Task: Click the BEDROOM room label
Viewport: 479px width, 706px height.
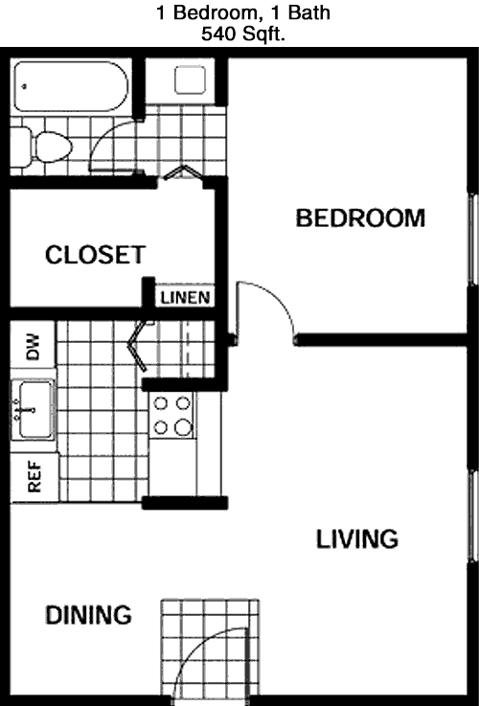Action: point(360,217)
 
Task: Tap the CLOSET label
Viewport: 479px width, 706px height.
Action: point(96,255)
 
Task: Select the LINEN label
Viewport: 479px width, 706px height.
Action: point(185,298)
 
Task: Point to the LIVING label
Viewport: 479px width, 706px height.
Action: point(357,539)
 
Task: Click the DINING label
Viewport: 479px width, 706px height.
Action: point(89,615)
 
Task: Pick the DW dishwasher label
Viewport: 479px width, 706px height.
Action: point(34,346)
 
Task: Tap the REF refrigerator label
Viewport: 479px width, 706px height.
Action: point(34,476)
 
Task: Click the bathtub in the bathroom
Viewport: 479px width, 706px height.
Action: point(71,86)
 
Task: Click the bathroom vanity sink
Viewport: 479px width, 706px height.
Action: point(190,80)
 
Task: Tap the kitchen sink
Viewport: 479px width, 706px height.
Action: point(33,410)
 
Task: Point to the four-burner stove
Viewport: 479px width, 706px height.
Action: point(171,415)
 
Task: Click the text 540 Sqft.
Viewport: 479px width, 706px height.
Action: point(242,34)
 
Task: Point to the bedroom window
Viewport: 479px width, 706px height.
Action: point(472,239)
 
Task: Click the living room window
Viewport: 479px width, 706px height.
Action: point(472,515)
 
